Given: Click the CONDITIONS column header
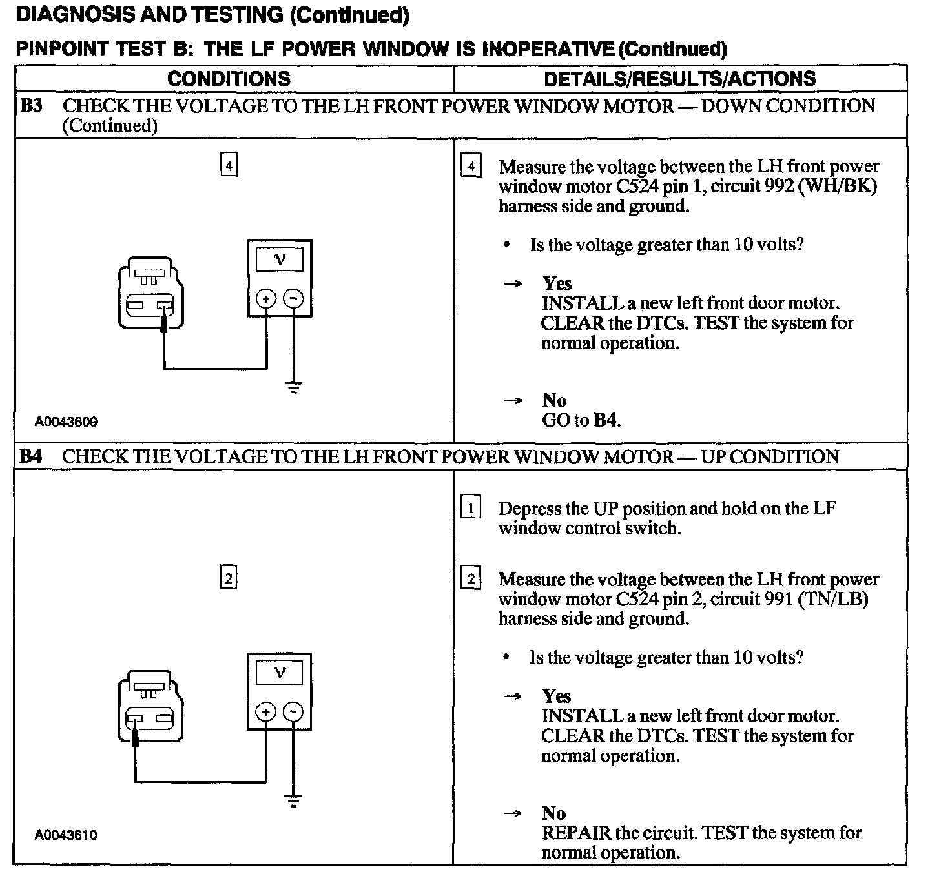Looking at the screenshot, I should [x=229, y=79].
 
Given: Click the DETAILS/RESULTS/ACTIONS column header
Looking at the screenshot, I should [x=679, y=79].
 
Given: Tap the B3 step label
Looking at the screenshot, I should [x=32, y=105].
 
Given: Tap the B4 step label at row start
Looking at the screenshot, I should [x=32, y=456].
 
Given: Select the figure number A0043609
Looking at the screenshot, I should [x=67, y=422].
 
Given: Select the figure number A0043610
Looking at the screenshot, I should [x=67, y=835].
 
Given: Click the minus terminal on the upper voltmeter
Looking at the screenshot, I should [x=294, y=298].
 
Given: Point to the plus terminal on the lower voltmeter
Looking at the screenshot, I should [x=265, y=711].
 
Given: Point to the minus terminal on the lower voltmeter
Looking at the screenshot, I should [x=293, y=711].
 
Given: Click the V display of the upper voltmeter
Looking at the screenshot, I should [x=280, y=259].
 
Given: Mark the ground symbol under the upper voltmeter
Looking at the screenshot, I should [x=294, y=388].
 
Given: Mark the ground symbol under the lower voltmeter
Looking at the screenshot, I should [x=294, y=802].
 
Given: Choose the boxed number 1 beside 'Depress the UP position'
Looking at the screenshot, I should [x=471, y=509].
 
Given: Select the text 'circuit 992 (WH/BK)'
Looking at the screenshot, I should [x=788, y=187].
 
